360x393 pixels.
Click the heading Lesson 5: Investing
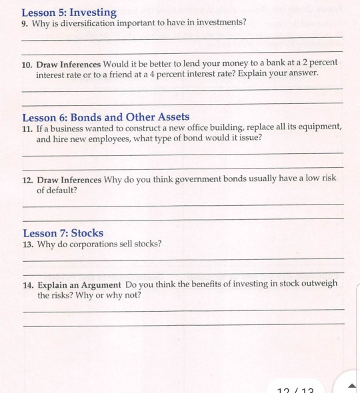point(69,12)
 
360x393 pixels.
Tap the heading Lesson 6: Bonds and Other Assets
point(106,117)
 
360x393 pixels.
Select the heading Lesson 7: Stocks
point(63,233)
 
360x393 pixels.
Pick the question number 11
point(27,128)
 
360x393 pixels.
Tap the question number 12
point(27,180)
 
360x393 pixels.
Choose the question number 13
point(27,244)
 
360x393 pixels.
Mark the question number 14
point(27,284)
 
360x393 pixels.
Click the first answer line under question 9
point(183,38)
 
